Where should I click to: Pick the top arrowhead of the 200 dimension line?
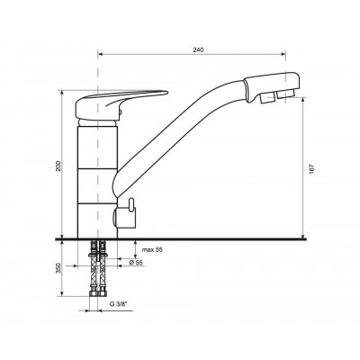(62, 91)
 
